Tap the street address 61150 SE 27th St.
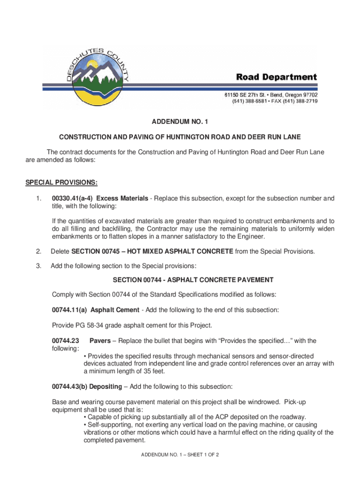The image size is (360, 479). [250, 95]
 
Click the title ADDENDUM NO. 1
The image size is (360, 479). [180, 122]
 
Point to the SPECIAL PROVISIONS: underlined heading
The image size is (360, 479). [61, 182]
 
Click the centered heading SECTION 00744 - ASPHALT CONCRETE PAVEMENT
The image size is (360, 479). [193, 280]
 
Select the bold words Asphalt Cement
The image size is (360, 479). [115, 310]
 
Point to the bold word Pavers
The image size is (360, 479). [101, 341]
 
